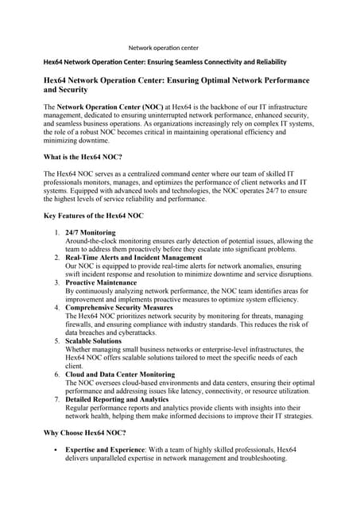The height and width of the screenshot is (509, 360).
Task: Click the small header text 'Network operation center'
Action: tap(164, 48)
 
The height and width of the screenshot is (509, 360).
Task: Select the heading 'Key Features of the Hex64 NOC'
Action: tap(93, 216)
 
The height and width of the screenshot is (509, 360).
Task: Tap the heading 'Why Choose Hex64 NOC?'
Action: tap(84, 433)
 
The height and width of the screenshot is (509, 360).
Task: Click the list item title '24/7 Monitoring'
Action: tap(91, 232)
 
